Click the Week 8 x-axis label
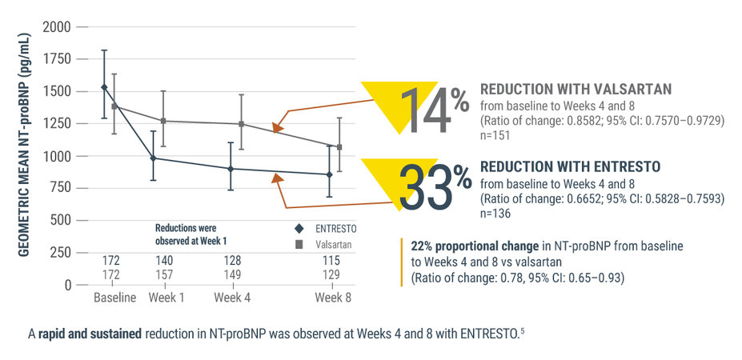click(331, 298)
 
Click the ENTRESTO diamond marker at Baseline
click(104, 87)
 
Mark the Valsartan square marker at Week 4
click(242, 124)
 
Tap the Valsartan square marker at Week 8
click(339, 147)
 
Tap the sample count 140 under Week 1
click(162, 261)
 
